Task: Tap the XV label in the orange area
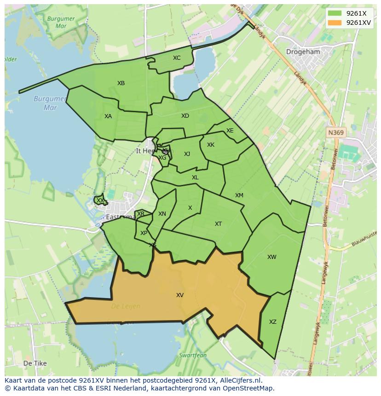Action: click(180, 295)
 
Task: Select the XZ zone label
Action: click(273, 322)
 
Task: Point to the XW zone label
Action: click(272, 257)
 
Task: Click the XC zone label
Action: click(177, 58)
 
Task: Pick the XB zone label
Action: click(121, 83)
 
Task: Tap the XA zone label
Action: click(108, 116)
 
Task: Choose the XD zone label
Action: click(185, 116)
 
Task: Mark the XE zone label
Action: click(230, 131)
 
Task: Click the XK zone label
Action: click(211, 145)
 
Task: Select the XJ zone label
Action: click(187, 154)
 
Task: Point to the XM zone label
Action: click(239, 195)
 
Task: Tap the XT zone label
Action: click(219, 224)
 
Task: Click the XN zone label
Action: click(162, 214)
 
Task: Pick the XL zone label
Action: click(195, 178)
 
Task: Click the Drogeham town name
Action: click(303, 52)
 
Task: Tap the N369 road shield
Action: click(336, 132)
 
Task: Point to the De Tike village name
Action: click(35, 363)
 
